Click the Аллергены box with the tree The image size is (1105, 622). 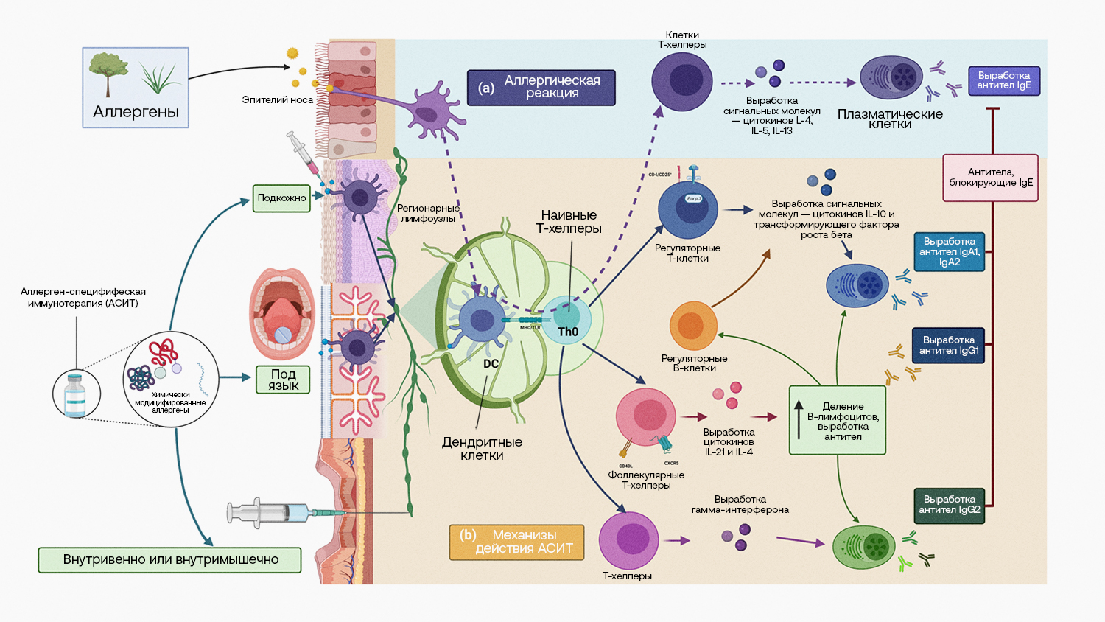(x=136, y=88)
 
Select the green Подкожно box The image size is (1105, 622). (x=281, y=198)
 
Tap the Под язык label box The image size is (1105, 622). (x=283, y=380)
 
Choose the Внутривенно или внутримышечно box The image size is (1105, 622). (x=170, y=559)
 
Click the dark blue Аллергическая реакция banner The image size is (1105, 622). (x=541, y=88)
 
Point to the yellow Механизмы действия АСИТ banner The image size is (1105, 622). (x=516, y=542)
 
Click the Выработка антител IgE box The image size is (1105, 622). (x=1003, y=80)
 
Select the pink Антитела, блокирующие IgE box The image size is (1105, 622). (x=990, y=178)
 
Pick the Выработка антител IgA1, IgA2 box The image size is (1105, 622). (x=949, y=252)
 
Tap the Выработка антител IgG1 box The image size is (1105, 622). (x=949, y=346)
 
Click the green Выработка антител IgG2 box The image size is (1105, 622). (x=949, y=505)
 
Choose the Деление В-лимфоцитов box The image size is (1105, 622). (x=838, y=420)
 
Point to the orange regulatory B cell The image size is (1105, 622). (x=692, y=326)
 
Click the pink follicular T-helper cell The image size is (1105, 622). (x=646, y=417)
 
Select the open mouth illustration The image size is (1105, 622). (x=282, y=314)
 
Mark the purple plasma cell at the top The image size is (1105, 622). (x=891, y=77)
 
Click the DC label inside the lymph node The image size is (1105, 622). (x=491, y=364)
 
